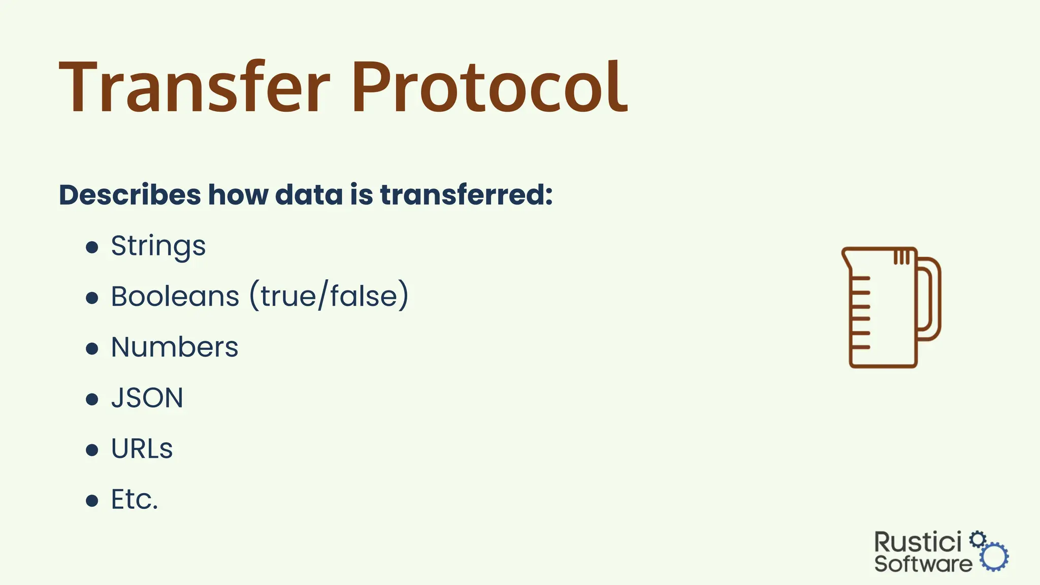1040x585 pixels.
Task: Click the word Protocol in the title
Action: coord(490,87)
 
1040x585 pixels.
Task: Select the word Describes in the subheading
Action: coord(130,195)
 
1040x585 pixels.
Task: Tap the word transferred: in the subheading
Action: coord(466,195)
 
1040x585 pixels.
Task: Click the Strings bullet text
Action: coord(158,247)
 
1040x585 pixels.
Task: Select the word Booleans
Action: coord(175,297)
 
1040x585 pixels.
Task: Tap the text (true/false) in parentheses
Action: coord(329,297)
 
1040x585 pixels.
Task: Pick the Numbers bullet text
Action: coord(175,347)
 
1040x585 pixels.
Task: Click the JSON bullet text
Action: coord(147,398)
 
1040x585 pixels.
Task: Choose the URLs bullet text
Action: coord(142,449)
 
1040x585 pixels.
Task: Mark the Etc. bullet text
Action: coord(135,500)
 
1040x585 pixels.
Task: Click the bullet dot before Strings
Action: coord(92,247)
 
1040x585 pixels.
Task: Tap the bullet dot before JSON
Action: coord(92,400)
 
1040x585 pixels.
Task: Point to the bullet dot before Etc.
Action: coord(92,501)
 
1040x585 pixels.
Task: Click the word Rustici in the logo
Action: coord(918,542)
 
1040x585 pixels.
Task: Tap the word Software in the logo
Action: coord(923,564)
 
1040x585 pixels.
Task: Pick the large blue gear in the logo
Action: coord(994,557)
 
